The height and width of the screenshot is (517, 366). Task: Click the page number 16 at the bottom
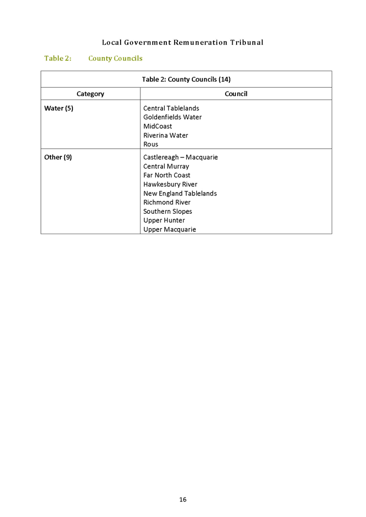point(183,499)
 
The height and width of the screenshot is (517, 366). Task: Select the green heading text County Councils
point(116,59)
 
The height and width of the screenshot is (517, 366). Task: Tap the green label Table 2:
point(57,59)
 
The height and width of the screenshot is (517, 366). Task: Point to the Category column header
point(91,94)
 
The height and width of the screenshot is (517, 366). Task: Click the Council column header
point(236,94)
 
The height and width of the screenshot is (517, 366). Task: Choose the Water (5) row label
point(59,108)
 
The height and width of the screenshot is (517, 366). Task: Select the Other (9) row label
point(58,157)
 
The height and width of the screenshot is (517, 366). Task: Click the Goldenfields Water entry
point(172,117)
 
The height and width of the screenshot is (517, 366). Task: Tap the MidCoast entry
point(158,126)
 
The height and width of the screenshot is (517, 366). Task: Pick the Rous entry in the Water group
point(150,144)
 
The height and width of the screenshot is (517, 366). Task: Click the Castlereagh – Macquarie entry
point(181,157)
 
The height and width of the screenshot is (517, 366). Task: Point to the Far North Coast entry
point(166,176)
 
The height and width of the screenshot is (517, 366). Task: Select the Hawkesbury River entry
point(170,184)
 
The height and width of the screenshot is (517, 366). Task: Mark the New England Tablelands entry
point(180,193)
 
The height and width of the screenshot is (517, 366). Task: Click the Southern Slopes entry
point(168,212)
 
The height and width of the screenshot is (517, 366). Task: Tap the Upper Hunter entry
point(164,220)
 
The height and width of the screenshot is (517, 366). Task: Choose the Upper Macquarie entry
point(170,229)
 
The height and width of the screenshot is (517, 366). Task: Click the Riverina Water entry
point(166,135)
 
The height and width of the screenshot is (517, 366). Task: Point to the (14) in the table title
point(224,80)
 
